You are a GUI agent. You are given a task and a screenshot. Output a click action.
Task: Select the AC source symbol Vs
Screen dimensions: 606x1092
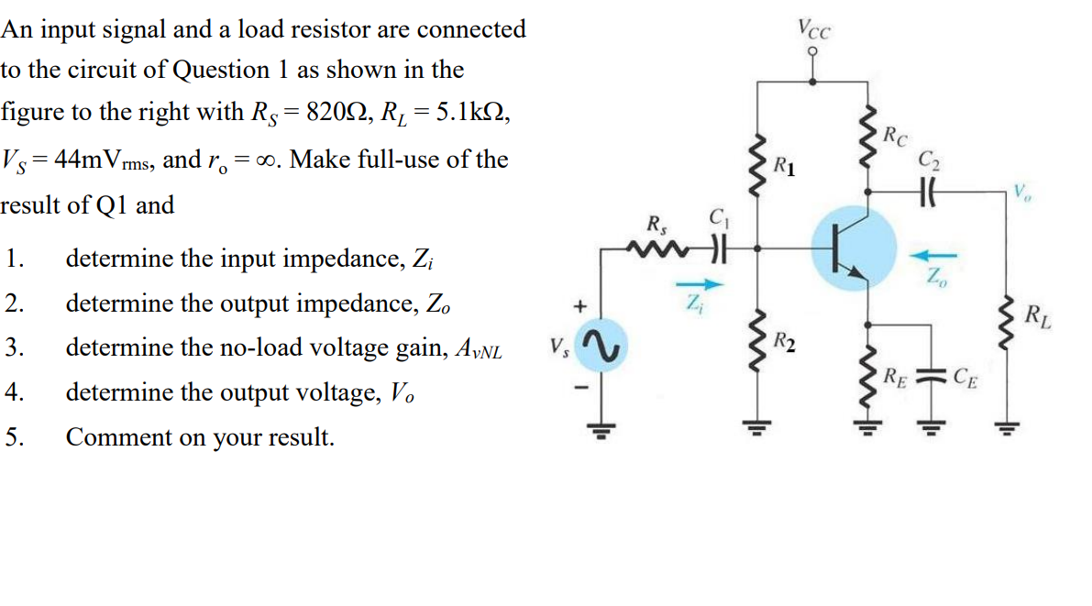tap(602, 347)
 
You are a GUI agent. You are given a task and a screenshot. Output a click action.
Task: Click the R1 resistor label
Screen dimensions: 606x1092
tap(784, 166)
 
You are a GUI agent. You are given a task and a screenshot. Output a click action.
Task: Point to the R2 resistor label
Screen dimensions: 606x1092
tap(783, 344)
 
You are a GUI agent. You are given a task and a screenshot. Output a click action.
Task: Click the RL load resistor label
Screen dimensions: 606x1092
tap(1038, 318)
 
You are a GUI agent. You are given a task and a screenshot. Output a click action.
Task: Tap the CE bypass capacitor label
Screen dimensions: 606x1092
tap(965, 374)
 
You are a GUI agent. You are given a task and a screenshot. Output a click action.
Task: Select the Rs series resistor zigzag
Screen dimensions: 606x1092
tap(657, 247)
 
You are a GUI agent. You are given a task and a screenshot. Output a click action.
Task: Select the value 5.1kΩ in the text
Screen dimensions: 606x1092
tap(464, 113)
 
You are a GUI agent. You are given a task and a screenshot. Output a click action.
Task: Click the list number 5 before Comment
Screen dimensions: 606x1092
tap(12, 436)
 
